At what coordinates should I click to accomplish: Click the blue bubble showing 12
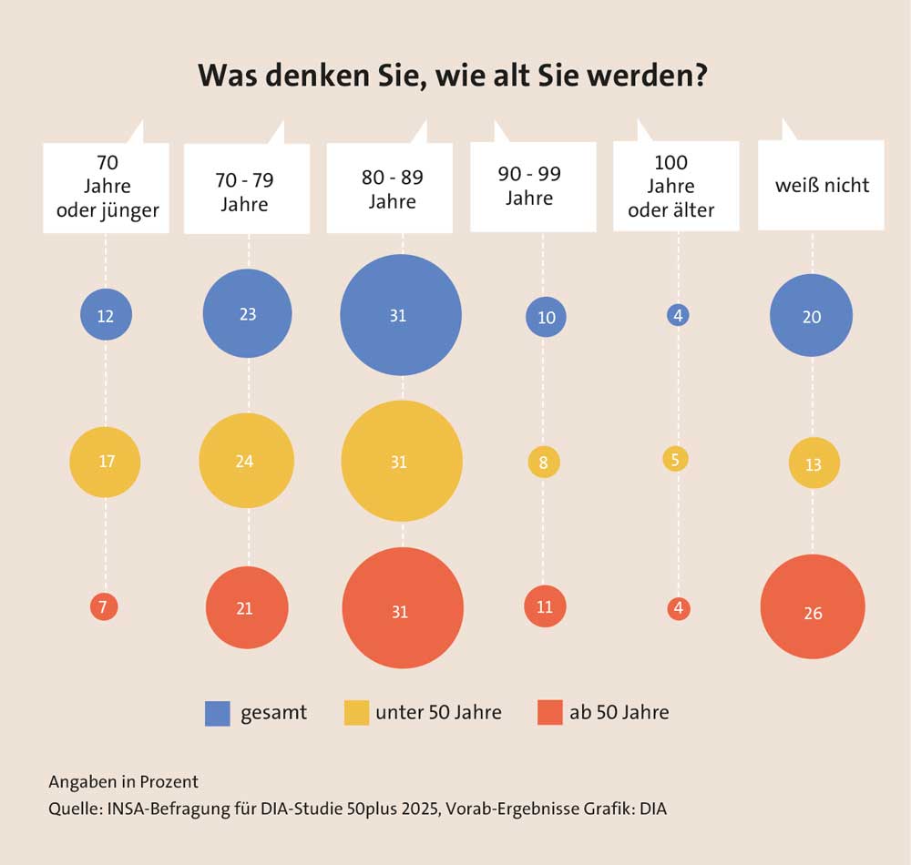point(106,315)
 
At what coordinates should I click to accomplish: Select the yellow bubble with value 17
point(106,462)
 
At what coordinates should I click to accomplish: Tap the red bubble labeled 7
point(105,607)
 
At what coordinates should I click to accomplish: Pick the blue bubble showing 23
point(247,314)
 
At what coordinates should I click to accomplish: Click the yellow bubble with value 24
point(246,461)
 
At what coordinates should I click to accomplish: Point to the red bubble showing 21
point(247,608)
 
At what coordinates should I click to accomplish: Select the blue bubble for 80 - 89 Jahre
point(400,315)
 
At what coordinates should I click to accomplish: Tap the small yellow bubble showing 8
point(544,463)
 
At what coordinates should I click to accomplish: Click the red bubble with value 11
point(545,606)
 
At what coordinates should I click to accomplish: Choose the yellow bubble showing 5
point(676,459)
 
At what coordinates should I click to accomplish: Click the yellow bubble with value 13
point(814,463)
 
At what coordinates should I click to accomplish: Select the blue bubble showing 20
point(811,316)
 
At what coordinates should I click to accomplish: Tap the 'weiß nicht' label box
point(822,186)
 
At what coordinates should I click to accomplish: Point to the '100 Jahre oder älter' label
point(676,187)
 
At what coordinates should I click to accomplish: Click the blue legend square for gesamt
point(218,713)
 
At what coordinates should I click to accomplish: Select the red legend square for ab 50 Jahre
point(549,713)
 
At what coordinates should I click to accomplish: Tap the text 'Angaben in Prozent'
point(123,781)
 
